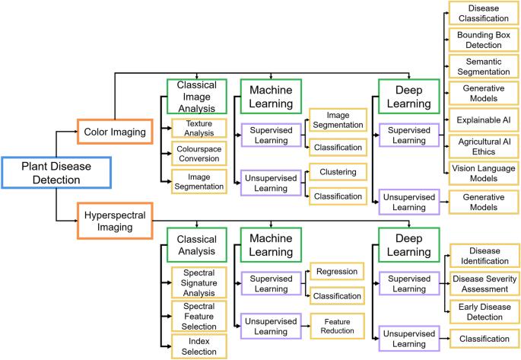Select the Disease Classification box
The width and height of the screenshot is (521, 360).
[x=484, y=13]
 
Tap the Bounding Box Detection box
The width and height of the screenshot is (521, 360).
[x=484, y=40]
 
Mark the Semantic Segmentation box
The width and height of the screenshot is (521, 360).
[x=484, y=66]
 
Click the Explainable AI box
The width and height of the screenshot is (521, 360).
[x=484, y=119]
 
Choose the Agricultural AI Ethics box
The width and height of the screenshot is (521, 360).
[x=484, y=146]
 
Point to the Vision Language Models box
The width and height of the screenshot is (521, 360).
[x=484, y=173]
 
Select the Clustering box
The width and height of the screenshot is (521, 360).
[x=338, y=171]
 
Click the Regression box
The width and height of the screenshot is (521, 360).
[x=338, y=272]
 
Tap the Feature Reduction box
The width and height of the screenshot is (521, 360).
[x=338, y=325]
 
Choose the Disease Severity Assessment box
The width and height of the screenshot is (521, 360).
[x=484, y=283]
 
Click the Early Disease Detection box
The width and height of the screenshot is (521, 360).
[x=484, y=312]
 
